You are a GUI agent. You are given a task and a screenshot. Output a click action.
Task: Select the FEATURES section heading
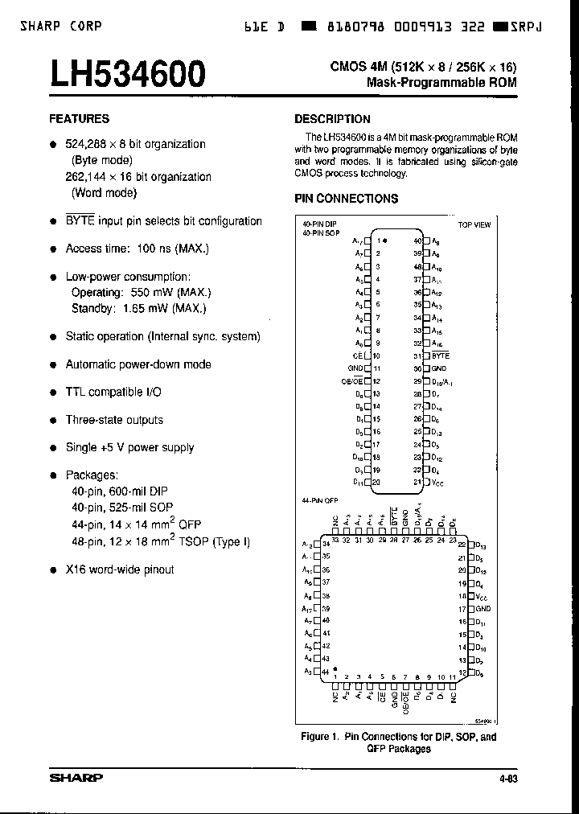[79, 118]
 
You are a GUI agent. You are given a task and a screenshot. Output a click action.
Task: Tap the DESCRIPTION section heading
[332, 119]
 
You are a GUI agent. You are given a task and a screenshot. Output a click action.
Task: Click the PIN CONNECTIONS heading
[346, 198]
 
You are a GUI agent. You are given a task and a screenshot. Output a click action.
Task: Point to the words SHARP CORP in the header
[61, 26]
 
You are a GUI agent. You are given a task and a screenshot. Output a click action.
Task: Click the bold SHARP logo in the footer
[76, 778]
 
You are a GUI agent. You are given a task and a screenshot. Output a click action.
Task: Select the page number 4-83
[508, 779]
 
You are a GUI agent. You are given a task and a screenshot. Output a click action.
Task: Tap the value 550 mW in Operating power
[146, 293]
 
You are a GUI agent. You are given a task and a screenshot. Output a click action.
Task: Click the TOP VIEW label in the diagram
[474, 225]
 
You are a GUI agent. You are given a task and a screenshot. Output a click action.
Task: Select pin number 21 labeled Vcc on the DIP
[417, 483]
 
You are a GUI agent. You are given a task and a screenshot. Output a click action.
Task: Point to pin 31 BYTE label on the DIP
[440, 356]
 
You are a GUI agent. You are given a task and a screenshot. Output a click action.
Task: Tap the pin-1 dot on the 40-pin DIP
[384, 240]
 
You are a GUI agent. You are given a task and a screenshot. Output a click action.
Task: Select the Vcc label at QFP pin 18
[482, 597]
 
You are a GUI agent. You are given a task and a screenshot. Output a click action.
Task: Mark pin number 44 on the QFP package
[325, 671]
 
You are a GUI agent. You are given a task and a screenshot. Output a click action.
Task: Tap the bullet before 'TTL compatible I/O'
[53, 393]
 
